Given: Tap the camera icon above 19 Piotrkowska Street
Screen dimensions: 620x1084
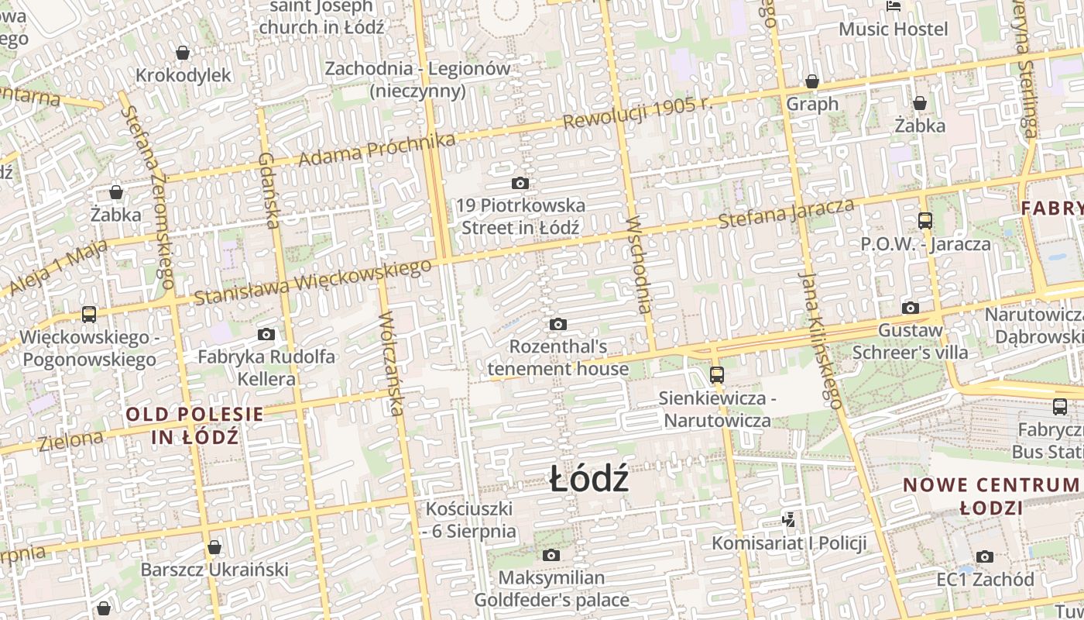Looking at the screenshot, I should (x=520, y=184).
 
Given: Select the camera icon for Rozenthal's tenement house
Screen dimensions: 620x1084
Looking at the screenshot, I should (x=557, y=324).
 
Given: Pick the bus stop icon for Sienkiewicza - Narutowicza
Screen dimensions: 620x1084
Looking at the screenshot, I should (x=717, y=375).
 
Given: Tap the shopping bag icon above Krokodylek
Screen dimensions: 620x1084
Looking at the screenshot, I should (x=183, y=53).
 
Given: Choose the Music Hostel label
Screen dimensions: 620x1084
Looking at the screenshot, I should (x=894, y=29).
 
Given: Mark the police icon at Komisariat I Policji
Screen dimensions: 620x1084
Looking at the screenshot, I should (x=788, y=520).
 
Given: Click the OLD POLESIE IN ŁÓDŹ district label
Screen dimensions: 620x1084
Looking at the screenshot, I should (x=195, y=425).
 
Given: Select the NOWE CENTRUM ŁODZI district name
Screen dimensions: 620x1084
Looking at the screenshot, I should (x=991, y=496).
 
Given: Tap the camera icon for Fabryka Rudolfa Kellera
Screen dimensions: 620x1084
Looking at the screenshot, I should (x=266, y=334).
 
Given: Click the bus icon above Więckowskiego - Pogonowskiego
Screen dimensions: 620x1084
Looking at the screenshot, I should (x=89, y=315).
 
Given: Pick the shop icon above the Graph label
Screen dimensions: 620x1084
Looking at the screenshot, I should (x=812, y=81).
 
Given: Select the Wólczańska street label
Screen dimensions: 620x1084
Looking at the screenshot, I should (x=392, y=363).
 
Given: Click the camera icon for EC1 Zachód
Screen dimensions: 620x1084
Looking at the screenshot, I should (x=985, y=556).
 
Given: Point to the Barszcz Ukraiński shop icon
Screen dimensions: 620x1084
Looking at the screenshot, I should (x=214, y=547).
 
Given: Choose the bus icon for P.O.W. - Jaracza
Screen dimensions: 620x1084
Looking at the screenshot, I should (x=925, y=221).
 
